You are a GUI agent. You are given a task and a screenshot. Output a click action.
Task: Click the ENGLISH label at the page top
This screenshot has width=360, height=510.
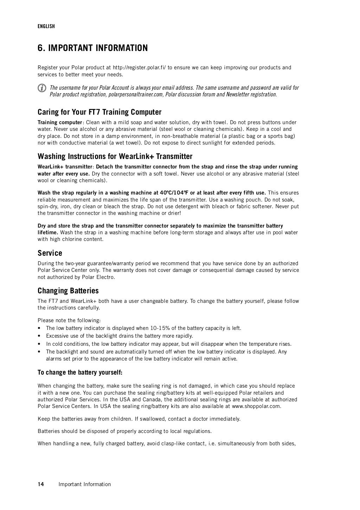(x=46, y=26)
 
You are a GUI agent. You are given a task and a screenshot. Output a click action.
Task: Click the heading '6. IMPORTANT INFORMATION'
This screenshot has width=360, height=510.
(x=92, y=48)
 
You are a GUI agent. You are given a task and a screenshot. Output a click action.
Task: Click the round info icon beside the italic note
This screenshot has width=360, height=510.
(x=42, y=88)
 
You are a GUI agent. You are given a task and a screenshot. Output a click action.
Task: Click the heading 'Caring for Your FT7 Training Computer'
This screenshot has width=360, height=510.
(x=99, y=112)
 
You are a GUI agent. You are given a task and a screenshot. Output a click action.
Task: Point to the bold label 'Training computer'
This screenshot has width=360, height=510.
(x=60, y=122)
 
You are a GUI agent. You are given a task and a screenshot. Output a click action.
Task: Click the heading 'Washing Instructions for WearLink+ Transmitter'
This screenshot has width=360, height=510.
(x=115, y=156)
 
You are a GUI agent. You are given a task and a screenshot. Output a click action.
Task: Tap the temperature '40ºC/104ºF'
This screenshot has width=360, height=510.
(x=174, y=193)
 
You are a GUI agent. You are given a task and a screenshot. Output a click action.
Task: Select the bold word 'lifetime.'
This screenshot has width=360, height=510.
(x=48, y=232)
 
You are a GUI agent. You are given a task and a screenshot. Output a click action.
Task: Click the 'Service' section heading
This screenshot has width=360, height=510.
(x=50, y=253)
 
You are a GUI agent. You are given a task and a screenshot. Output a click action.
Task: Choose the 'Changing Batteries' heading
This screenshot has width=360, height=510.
(x=68, y=291)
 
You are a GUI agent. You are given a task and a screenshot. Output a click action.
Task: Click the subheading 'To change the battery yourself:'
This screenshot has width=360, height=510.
(x=80, y=372)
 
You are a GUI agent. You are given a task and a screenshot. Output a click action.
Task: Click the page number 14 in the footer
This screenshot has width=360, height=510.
(x=41, y=484)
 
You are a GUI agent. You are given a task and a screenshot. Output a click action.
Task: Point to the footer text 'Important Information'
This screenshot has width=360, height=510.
(x=85, y=484)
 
